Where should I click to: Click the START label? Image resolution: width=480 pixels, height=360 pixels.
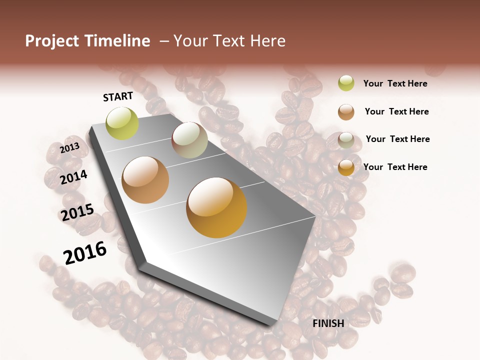coord(118,96)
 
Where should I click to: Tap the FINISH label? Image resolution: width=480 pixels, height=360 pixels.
coord(328,323)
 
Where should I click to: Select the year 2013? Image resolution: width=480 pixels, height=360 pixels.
coord(70,148)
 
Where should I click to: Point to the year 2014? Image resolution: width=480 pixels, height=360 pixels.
coord(73,177)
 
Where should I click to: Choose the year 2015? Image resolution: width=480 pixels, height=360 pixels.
coord(77,212)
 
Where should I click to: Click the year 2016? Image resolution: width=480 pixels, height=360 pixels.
coord(85,252)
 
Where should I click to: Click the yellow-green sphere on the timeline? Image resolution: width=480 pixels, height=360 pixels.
coord(122,123)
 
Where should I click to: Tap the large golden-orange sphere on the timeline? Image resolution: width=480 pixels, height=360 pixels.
coord(216,207)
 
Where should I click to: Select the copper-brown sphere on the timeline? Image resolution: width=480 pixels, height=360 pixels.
coord(145,180)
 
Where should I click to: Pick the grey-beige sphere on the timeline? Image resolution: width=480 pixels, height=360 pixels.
coord(189,140)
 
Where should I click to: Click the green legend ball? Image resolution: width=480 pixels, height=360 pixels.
coord(346,83)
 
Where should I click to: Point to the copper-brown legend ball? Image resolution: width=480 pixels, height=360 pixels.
coord(346,112)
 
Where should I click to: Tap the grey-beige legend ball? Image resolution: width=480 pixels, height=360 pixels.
coord(346,140)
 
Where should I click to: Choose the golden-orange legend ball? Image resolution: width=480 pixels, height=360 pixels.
coord(346,168)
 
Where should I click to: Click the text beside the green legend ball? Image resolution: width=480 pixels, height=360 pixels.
coord(395,83)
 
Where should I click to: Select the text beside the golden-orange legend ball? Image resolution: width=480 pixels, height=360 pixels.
coord(395,167)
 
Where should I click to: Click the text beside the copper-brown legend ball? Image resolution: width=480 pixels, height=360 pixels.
coord(396,111)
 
